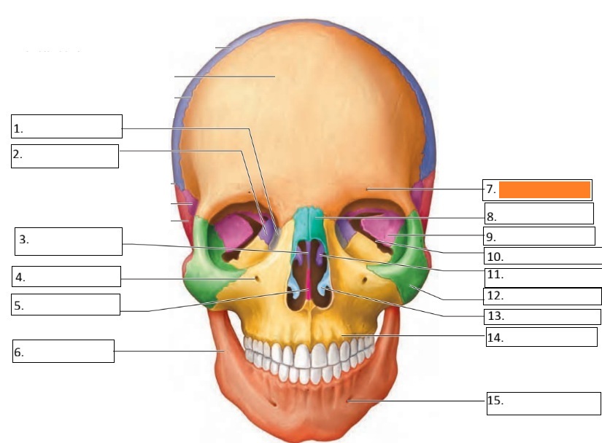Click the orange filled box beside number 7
point(544,189)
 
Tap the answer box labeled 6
point(63,350)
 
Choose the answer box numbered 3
point(69,241)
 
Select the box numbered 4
point(66,276)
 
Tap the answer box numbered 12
point(542,297)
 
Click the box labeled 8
point(539,213)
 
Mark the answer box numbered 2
point(65,156)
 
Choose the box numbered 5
point(66,305)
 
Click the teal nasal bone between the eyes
point(313,222)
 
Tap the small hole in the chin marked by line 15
point(348,400)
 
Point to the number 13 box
point(542,316)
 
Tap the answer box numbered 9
point(539,235)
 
